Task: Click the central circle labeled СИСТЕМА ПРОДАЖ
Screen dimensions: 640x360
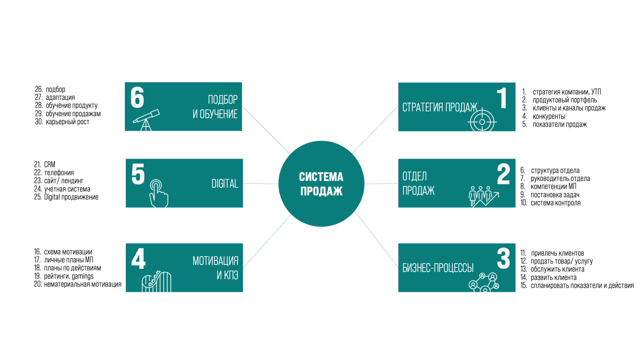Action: (321, 184)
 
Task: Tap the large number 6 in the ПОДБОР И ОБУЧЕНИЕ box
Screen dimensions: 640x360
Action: (137, 97)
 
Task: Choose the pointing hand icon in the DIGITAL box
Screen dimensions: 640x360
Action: (158, 193)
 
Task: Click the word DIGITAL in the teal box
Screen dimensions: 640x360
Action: (225, 184)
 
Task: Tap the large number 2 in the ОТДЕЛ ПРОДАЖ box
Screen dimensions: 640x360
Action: (503, 174)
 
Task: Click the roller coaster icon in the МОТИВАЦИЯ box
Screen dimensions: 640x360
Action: (156, 282)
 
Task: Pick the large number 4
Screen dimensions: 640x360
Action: (138, 259)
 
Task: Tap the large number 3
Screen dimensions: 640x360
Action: (503, 259)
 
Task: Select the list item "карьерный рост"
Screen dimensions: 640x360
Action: (67, 122)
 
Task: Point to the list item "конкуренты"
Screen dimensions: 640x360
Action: (549, 116)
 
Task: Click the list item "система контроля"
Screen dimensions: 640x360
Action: (555, 203)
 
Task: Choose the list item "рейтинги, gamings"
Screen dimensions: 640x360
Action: (68, 276)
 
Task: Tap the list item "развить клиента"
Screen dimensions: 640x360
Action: (553, 277)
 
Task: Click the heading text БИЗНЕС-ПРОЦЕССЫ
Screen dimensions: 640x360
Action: (438, 268)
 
